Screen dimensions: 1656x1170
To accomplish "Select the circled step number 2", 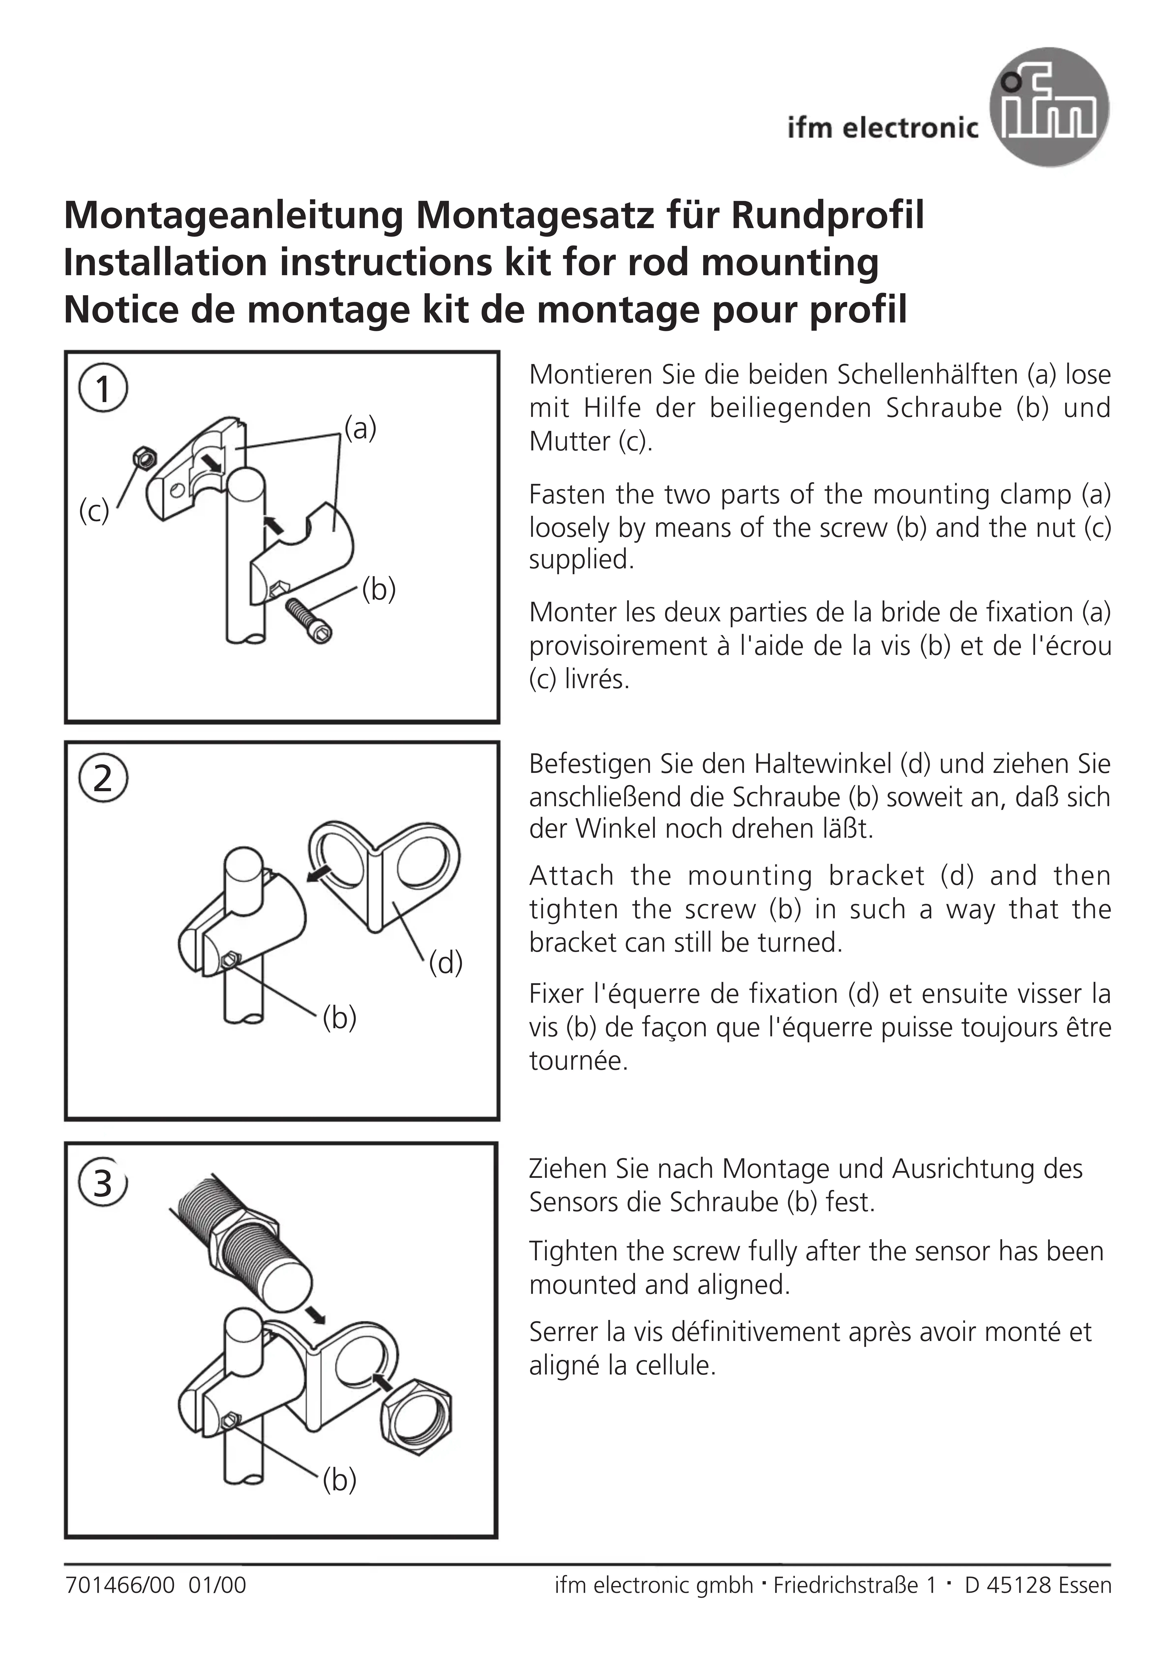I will pos(103,779).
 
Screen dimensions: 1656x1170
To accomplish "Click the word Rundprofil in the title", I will pos(827,215).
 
